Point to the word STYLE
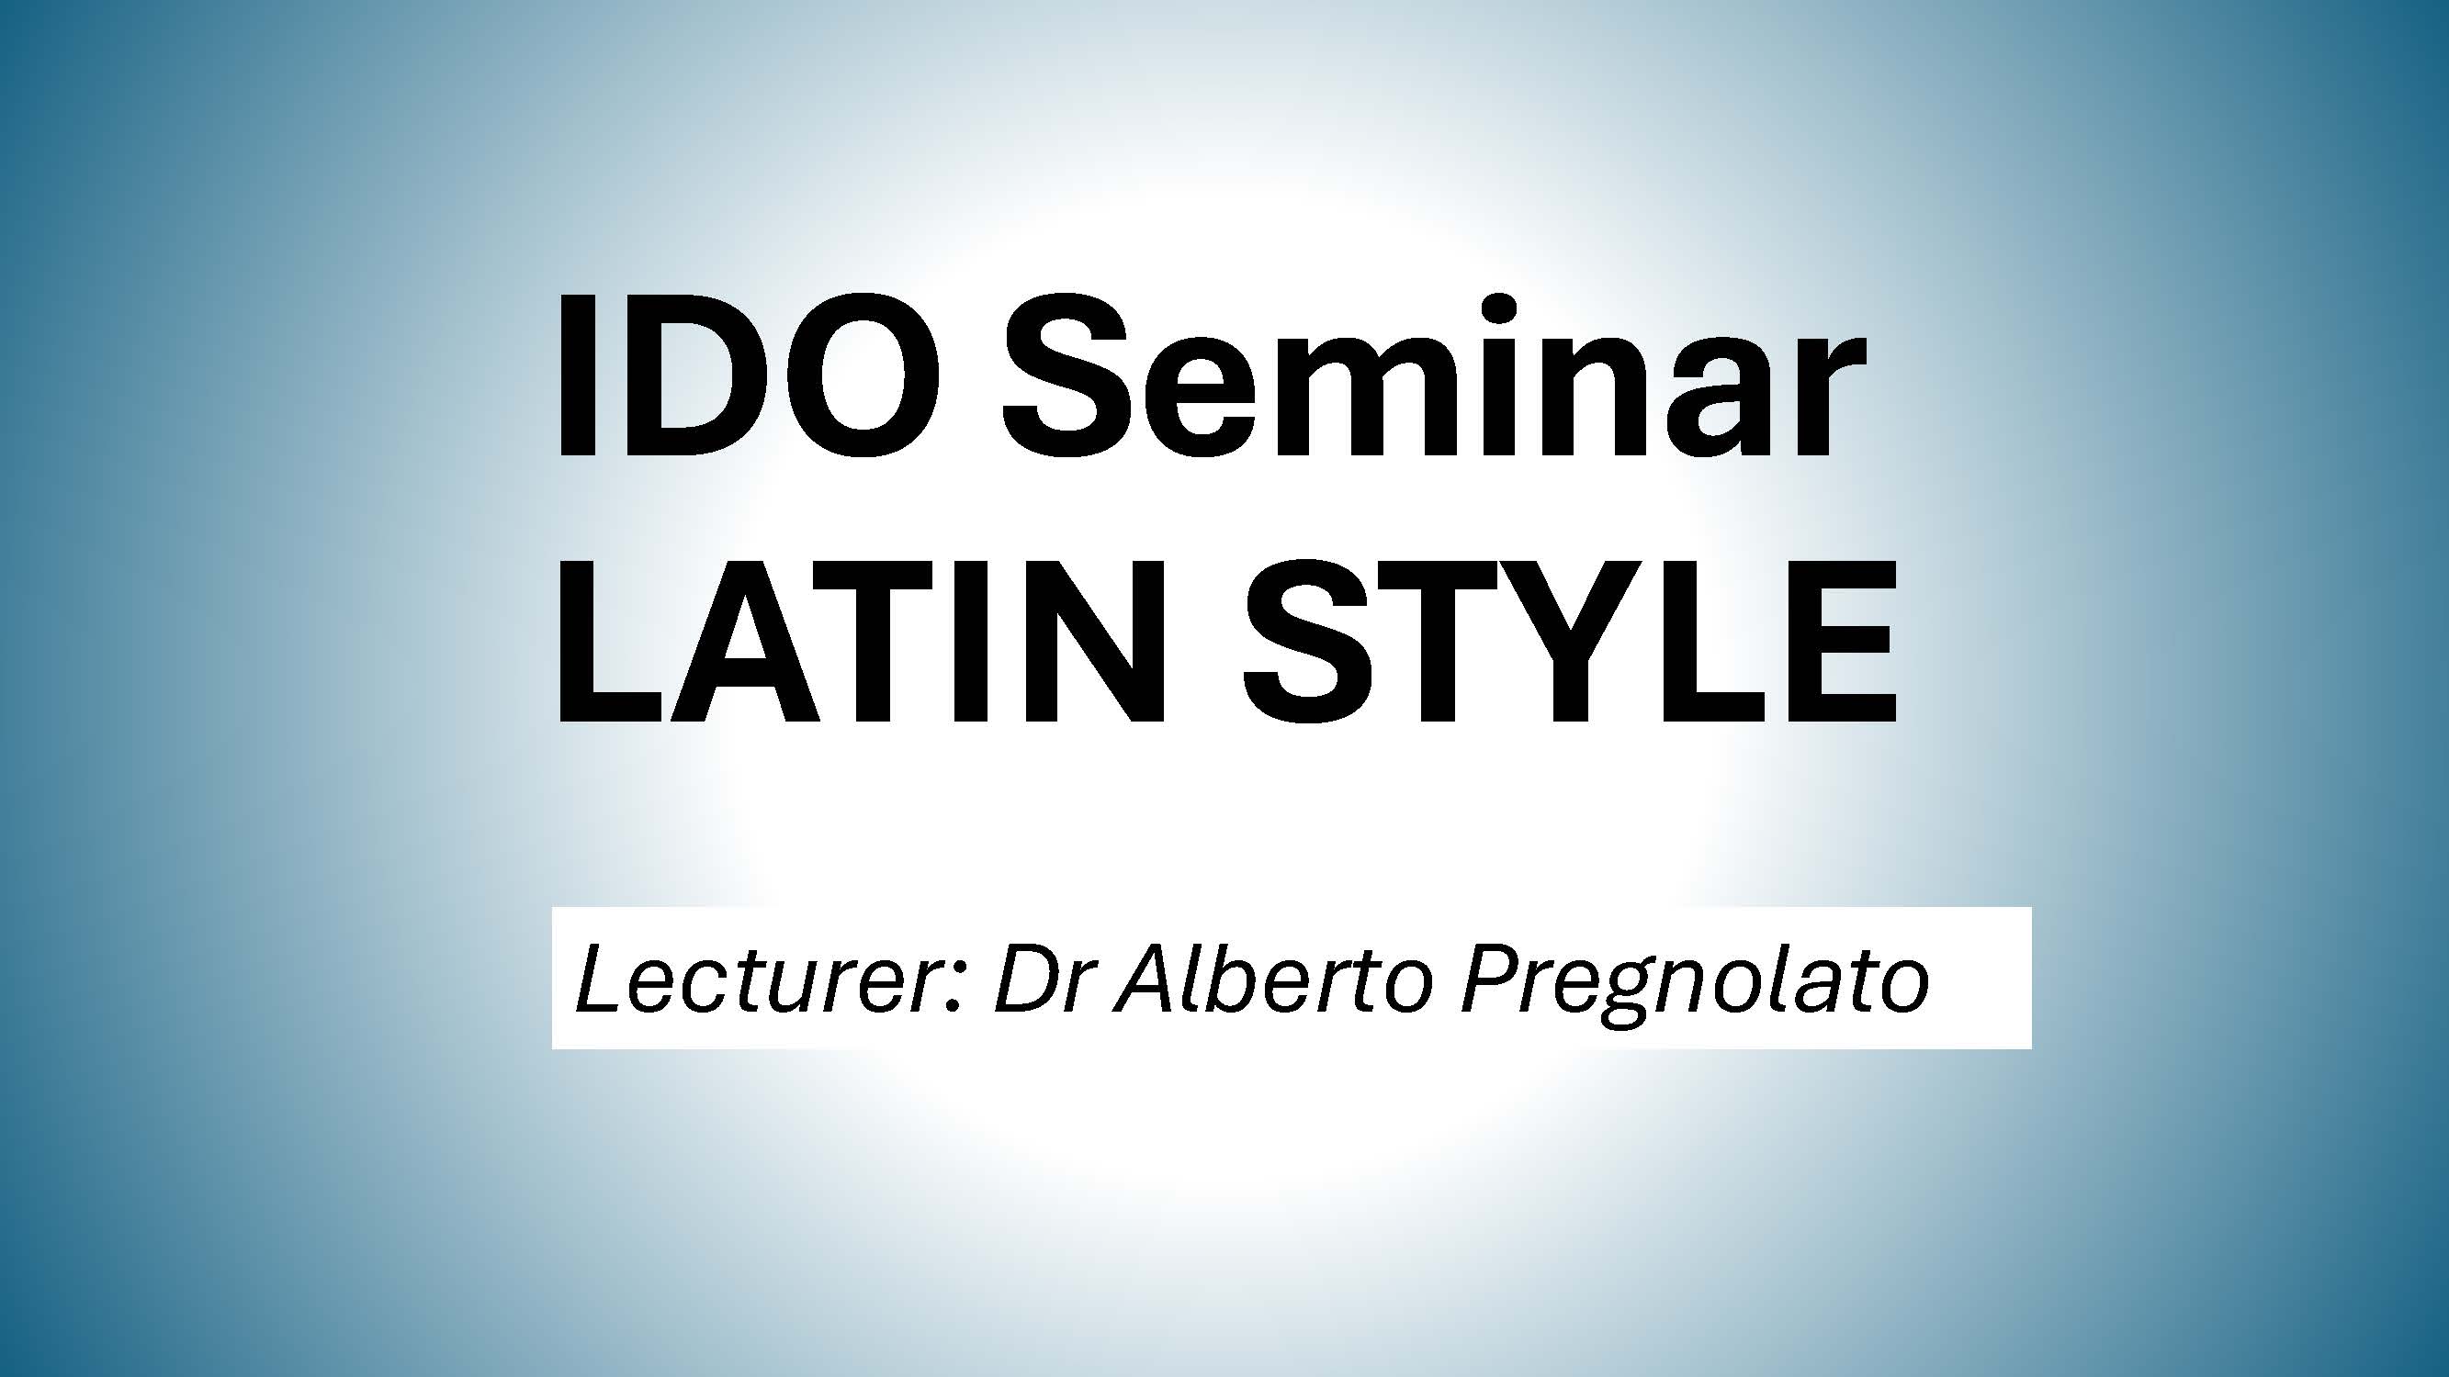point(1570,641)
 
